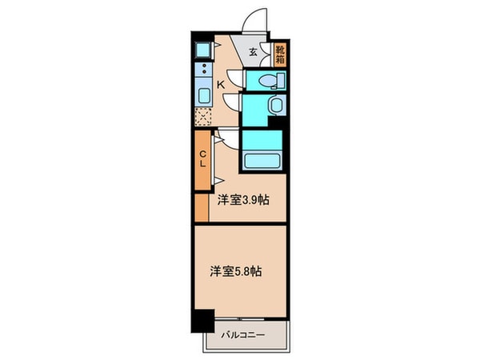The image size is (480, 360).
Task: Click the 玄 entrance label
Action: pyautogui.click(x=253, y=53)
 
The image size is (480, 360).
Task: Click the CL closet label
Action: pyautogui.click(x=203, y=158)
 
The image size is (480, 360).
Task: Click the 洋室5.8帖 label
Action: pyautogui.click(x=236, y=271)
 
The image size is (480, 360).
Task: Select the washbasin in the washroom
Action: pyautogui.click(x=275, y=106)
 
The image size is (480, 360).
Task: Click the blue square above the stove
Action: pyautogui.click(x=202, y=46)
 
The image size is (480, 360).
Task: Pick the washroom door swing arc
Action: pyautogui.click(x=232, y=101)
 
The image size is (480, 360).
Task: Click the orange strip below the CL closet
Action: pyautogui.click(x=201, y=206)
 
